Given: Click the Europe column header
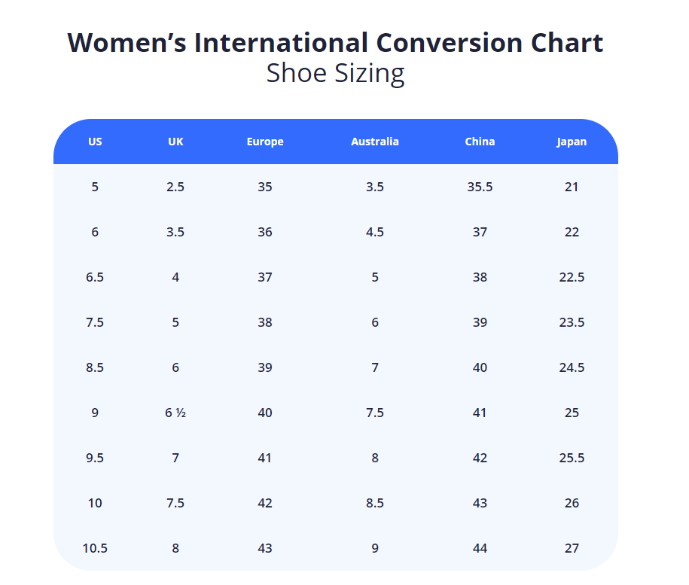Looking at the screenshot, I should [x=265, y=142].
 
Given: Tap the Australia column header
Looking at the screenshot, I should [x=375, y=142].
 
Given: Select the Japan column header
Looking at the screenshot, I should [x=572, y=142].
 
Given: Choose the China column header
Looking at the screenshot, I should [x=480, y=142].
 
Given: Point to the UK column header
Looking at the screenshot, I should [x=175, y=142].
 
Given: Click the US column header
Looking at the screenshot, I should [x=95, y=142].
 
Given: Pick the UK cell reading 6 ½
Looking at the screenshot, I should [x=175, y=413].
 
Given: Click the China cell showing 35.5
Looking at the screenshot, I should [x=480, y=187].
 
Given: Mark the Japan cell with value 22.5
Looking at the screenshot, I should [x=572, y=277].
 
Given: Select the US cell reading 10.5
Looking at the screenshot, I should [x=95, y=548].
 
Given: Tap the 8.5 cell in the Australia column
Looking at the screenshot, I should [x=375, y=503].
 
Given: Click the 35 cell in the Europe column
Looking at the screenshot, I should [x=265, y=187].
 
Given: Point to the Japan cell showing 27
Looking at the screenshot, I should [x=572, y=548].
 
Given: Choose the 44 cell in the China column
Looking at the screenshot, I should [x=480, y=548].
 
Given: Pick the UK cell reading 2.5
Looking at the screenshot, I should [x=175, y=187].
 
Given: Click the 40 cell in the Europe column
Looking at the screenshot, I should [x=265, y=413].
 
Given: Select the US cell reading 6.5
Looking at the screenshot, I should [x=95, y=277].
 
